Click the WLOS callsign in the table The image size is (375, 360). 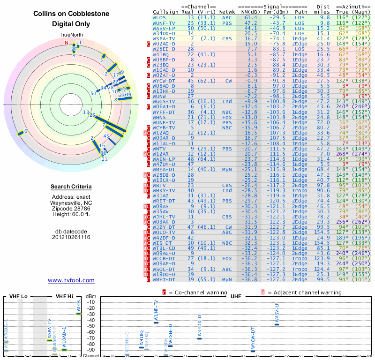pyautogui.click(x=159, y=17)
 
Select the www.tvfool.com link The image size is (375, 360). pyautogui.click(x=71, y=280)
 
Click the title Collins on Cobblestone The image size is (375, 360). pyautogui.click(x=71, y=14)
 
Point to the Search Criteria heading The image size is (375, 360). pyautogui.click(x=71, y=187)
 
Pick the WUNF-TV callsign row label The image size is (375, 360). pyautogui.click(x=164, y=22)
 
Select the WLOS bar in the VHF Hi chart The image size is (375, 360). pyautogui.click(x=79, y=314)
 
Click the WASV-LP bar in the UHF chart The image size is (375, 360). pyautogui.click(x=277, y=324)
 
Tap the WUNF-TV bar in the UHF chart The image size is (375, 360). pyautogui.click(x=156, y=322)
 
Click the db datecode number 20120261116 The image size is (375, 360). pyautogui.click(x=71, y=238)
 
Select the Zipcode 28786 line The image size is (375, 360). pyautogui.click(x=71, y=208)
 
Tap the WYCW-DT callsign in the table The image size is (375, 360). pyautogui.click(x=164, y=81)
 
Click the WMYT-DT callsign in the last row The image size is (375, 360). pyautogui.click(x=164, y=280)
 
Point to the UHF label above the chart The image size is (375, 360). pyautogui.click(x=232, y=296)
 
